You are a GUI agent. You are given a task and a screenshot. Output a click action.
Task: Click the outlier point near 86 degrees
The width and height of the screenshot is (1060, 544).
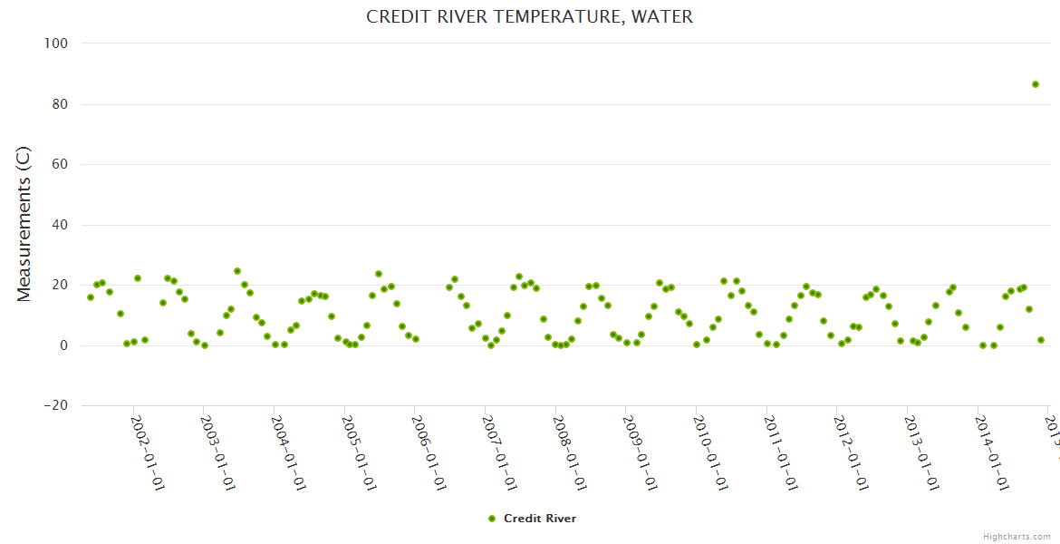pos(1035,84)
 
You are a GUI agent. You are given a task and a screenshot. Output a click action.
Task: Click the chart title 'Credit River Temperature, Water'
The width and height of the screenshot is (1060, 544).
pos(529,16)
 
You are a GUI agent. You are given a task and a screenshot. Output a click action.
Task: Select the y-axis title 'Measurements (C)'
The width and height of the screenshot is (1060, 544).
pos(24,224)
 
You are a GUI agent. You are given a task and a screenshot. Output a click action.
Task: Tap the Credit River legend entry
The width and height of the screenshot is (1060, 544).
pos(539,519)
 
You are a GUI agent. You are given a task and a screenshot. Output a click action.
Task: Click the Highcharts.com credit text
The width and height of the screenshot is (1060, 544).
pos(1017,536)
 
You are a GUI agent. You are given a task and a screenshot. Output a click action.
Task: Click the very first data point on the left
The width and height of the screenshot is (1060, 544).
pos(91,297)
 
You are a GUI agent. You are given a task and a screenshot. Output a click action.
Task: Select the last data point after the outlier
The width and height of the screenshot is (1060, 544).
pos(1041,340)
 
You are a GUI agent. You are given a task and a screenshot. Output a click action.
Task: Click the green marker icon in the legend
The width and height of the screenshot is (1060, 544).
pos(492,519)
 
